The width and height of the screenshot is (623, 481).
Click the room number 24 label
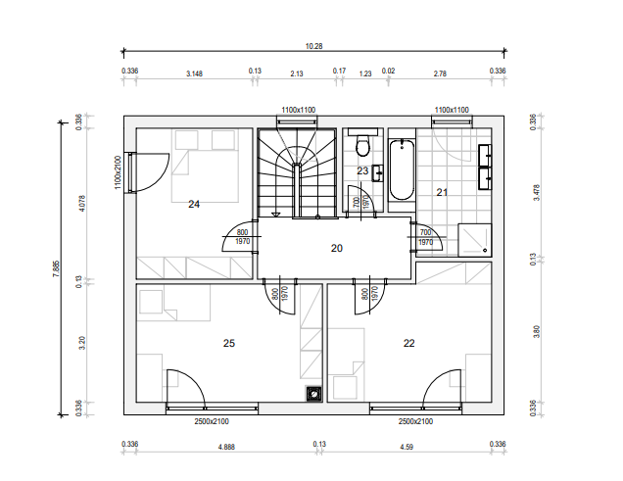coord(194,204)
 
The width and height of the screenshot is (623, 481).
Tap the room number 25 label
coord(229,343)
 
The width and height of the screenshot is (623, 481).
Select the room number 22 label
coord(408,343)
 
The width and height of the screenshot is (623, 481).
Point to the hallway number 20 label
coord(337,248)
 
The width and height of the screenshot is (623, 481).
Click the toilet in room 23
coord(362,145)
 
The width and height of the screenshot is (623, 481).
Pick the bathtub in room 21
coord(402,169)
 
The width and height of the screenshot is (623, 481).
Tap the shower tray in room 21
coord(475,240)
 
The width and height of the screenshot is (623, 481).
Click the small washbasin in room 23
coord(377,173)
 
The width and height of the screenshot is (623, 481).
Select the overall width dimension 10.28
coord(313,46)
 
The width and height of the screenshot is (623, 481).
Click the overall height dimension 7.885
coord(56,268)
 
